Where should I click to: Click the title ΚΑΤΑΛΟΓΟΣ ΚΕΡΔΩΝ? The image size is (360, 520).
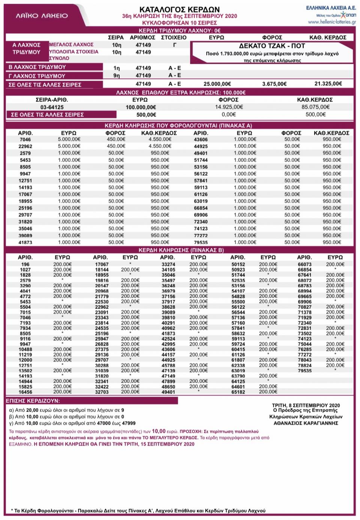pos(179,9)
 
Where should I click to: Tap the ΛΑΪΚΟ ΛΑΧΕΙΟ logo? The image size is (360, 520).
pos(42,16)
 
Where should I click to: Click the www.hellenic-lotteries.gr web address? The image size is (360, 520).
pos(331,22)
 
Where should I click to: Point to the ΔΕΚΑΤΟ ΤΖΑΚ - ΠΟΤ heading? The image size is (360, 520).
pos(272,46)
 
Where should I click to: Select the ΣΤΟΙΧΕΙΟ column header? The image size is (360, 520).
pos(173,38)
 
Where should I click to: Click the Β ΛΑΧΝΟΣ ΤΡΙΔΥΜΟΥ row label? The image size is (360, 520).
pos(37,67)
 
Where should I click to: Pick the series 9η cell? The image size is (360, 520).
pos(117,76)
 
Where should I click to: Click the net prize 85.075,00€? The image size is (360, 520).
pos(315,107)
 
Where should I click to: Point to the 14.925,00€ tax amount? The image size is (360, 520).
pos(228,107)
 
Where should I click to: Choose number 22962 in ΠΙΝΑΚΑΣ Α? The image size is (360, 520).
pos(25,146)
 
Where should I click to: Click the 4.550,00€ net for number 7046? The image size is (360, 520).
pos(160,139)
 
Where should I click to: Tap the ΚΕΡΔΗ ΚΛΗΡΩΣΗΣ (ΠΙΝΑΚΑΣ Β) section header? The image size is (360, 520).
pos(179,250)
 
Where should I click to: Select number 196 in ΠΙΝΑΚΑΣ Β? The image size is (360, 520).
pos(25,265)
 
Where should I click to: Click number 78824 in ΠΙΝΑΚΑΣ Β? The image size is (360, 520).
pos(304,365)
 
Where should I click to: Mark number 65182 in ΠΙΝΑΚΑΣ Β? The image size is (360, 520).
pos(238,392)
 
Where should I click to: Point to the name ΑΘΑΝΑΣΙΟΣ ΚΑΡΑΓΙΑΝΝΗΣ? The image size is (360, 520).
pos(306,423)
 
